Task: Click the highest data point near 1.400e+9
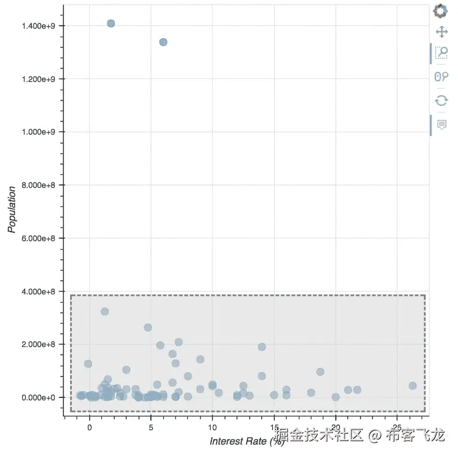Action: pyautogui.click(x=111, y=23)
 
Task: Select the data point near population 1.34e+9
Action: pyautogui.click(x=163, y=42)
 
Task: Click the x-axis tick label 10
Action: pyautogui.click(x=212, y=428)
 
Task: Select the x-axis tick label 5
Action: pyautogui.click(x=151, y=428)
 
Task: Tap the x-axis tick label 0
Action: pyautogui.click(x=89, y=428)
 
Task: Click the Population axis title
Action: pyautogui.click(x=11, y=209)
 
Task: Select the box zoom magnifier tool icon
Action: pyautogui.click(x=441, y=53)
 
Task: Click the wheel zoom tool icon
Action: pyautogui.click(x=441, y=77)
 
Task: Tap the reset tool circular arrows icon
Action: pyautogui.click(x=441, y=100)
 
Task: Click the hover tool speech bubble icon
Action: pyautogui.click(x=441, y=124)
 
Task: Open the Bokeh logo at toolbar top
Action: pyautogui.click(x=441, y=11)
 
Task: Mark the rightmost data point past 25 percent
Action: pyautogui.click(x=412, y=386)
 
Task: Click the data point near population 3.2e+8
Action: pyautogui.click(x=105, y=311)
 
